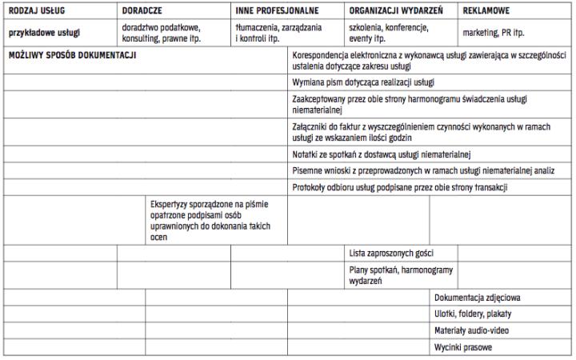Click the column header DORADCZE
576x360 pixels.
click(142, 13)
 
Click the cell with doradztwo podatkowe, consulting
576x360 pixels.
click(161, 33)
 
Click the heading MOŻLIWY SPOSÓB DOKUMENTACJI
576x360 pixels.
click(73, 55)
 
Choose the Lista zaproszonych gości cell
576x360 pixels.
click(391, 253)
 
